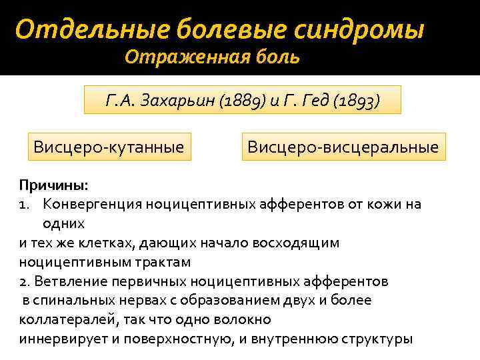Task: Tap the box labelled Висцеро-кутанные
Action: point(109,146)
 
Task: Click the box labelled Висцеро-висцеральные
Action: point(343,146)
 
